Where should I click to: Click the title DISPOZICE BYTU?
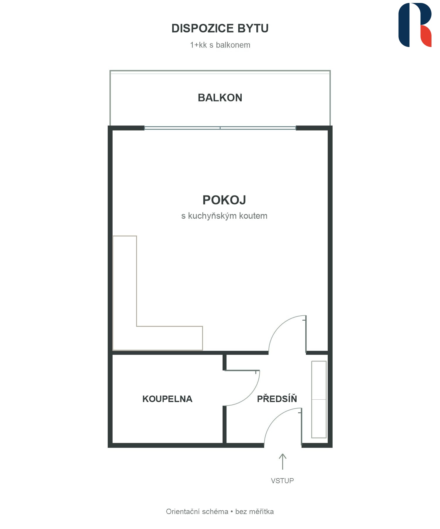[x=220, y=28]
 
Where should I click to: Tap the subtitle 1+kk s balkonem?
[x=220, y=45]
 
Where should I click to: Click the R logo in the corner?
[x=415, y=25]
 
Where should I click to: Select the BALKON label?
[x=220, y=98]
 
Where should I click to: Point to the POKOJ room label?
[x=224, y=200]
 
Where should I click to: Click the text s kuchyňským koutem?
[x=224, y=216]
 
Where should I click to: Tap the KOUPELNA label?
[x=167, y=399]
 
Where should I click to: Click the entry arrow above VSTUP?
[x=282, y=461]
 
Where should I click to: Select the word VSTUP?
[x=282, y=481]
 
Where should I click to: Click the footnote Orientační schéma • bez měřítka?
[x=220, y=511]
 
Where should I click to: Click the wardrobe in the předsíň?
[x=319, y=399]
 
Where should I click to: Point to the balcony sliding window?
[x=220, y=128]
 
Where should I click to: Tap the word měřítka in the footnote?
[x=261, y=511]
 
